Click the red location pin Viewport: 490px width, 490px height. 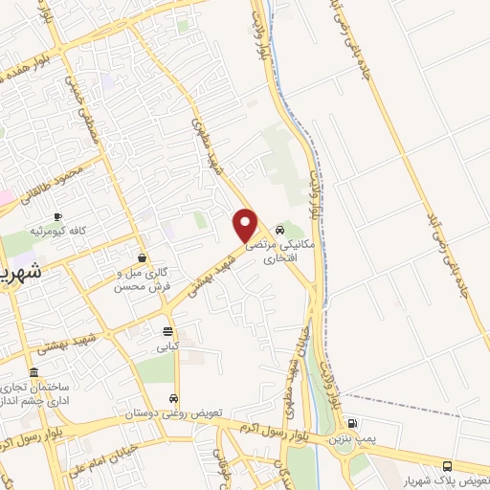click(x=246, y=224)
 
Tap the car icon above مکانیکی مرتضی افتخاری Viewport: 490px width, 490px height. click(x=278, y=230)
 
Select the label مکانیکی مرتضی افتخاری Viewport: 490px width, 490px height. click(x=278, y=252)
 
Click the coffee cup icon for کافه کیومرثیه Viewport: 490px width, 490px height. click(x=58, y=217)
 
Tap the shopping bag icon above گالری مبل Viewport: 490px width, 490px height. click(x=143, y=256)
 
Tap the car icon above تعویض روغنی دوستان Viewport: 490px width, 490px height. click(x=172, y=398)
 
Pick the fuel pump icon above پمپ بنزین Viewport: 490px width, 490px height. click(x=352, y=423)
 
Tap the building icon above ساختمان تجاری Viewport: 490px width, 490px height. click(x=35, y=372)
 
